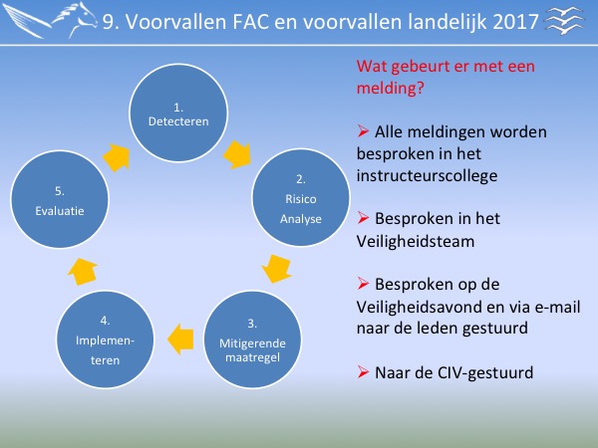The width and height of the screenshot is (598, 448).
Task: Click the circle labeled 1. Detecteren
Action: pos(178,112)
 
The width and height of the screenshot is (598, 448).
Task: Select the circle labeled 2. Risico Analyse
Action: pos(301,197)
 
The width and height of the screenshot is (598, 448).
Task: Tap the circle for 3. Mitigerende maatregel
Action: pos(252,339)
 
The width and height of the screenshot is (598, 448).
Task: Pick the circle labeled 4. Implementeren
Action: pos(105,339)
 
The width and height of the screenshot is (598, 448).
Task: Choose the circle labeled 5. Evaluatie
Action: pos(60,199)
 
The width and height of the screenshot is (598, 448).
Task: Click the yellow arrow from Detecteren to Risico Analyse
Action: pos(237,154)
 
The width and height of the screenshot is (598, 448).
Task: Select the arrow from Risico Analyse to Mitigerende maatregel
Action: pos(277,269)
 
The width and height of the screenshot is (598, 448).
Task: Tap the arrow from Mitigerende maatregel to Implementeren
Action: pos(180,339)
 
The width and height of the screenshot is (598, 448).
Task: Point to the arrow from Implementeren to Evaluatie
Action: pos(83,271)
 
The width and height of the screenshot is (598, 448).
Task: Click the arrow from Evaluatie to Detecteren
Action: pos(117,157)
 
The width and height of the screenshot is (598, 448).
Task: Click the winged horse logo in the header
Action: pos(50,20)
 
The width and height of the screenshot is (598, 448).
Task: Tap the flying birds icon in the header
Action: pos(565,21)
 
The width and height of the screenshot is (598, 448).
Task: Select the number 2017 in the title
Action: pos(515,22)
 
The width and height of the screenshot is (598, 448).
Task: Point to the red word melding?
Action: pos(390,88)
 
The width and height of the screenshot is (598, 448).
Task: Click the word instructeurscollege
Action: pos(427,176)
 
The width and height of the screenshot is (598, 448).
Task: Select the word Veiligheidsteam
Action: pos(416,242)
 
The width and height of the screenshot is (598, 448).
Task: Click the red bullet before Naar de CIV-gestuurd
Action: pos(363,371)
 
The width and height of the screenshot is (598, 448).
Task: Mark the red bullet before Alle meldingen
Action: pos(363,131)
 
